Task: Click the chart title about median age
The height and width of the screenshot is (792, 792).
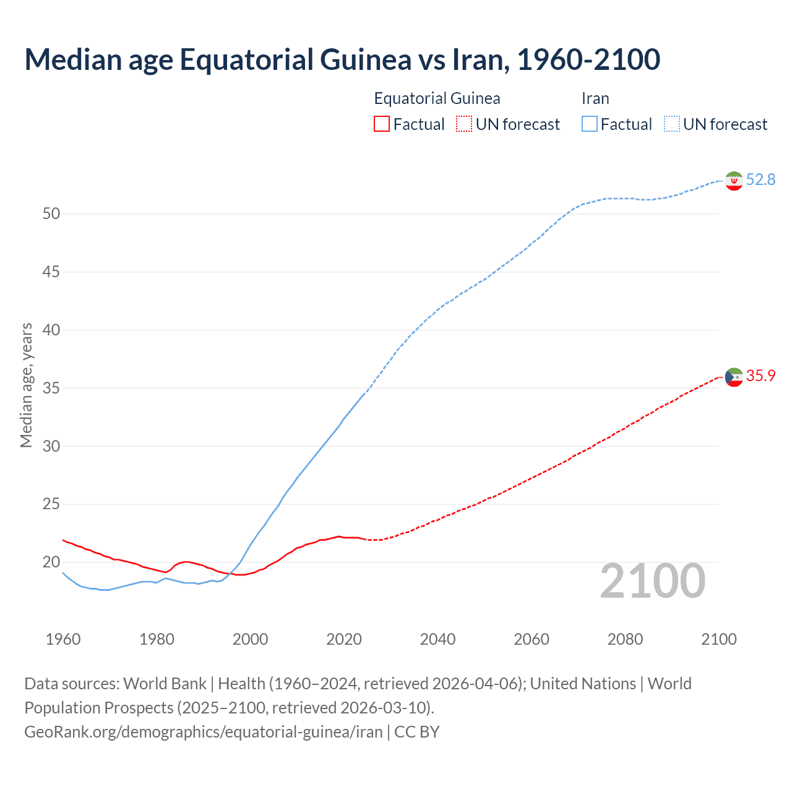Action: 342,59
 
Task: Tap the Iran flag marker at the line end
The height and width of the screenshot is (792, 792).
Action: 734,181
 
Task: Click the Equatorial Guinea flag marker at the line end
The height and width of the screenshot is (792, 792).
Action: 734,377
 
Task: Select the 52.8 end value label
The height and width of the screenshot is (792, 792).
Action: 760,180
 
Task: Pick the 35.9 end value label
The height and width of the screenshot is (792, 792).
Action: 760,376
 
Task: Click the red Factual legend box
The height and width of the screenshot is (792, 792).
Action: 382,124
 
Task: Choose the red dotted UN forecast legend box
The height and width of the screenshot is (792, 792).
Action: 464,124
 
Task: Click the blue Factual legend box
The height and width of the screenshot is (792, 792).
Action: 590,124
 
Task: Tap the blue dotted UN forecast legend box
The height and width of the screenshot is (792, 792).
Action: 671,124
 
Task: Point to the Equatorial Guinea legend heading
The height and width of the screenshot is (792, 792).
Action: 437,99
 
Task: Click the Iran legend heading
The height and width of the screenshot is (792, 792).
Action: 595,99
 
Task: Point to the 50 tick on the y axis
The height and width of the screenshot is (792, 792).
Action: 51,214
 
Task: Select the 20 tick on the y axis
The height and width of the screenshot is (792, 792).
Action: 51,562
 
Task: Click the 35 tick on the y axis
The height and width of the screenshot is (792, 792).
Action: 51,389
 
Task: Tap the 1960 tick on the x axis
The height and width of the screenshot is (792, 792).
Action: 63,639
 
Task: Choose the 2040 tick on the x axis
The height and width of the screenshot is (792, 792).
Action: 437,639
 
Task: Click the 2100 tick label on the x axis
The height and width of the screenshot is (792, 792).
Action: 718,639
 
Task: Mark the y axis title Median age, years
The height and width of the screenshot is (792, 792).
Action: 26,385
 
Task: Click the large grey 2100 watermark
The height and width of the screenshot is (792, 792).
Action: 653,581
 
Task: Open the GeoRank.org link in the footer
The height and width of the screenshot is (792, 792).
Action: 204,732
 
